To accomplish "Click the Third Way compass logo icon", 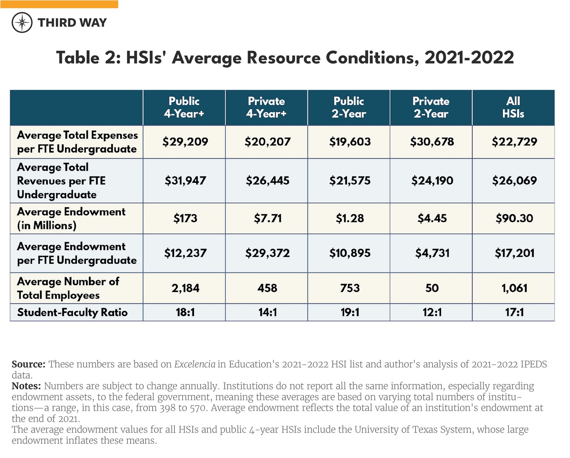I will tap(22, 22).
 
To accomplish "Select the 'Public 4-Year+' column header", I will tap(184, 107).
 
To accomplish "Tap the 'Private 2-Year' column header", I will tap(431, 107).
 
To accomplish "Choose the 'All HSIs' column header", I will tap(513, 107).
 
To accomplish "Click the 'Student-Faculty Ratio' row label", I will tap(72, 312).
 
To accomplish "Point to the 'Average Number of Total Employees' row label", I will tap(68, 288).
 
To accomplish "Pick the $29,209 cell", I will tap(185, 142).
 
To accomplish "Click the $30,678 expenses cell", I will tap(432, 142).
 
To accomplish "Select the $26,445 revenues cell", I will tap(267, 181).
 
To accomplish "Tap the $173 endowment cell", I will tap(185, 218).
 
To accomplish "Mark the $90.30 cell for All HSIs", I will tap(514, 218).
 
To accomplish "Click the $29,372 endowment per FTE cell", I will tap(267, 253).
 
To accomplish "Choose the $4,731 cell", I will tap(432, 253).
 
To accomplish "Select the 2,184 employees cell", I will tap(185, 288).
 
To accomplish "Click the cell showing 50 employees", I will tap(432, 288).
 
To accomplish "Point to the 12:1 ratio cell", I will tap(432, 312).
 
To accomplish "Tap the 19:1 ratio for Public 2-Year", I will tap(349, 312).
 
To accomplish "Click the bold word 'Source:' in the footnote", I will tap(28, 364).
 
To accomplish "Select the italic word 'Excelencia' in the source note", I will tap(194, 364).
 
